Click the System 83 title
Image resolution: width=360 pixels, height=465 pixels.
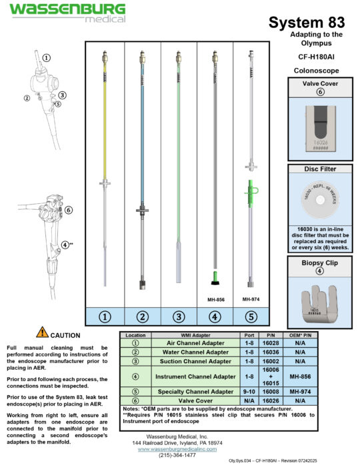307,23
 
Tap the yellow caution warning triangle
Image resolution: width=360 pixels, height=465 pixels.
42,333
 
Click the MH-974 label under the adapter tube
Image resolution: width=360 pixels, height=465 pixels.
251,300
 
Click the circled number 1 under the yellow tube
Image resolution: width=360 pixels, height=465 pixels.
104,317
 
